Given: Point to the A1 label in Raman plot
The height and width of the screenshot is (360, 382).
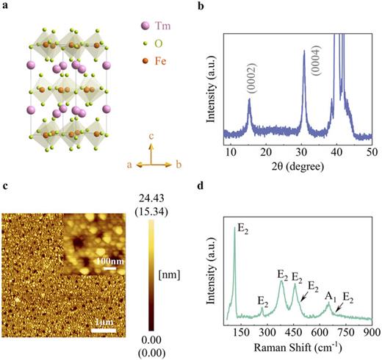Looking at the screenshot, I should click(x=331, y=295).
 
